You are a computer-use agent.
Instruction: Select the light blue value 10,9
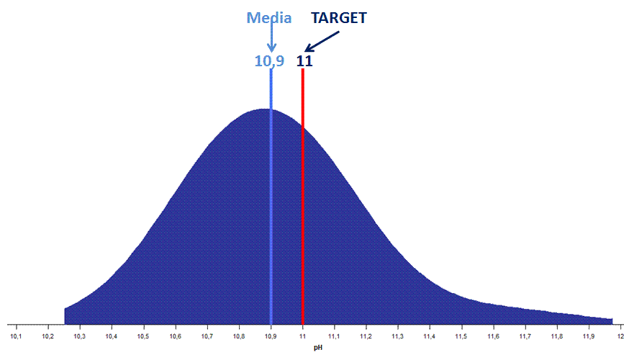(x=269, y=61)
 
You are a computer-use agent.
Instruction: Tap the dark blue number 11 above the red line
(x=304, y=61)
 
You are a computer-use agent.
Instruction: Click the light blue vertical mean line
(x=271, y=216)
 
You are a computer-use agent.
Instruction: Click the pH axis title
(x=317, y=348)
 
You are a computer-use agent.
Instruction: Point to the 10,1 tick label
(x=16, y=336)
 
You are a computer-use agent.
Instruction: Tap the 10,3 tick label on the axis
(x=79, y=336)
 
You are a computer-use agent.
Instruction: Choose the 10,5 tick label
(x=143, y=336)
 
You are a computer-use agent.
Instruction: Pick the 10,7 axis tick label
(x=207, y=336)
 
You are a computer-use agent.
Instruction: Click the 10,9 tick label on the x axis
(x=271, y=336)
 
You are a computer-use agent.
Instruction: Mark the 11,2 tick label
(x=366, y=336)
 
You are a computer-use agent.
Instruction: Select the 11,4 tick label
(x=430, y=336)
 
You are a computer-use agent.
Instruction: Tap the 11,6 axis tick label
(x=493, y=336)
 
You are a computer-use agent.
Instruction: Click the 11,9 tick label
(x=589, y=336)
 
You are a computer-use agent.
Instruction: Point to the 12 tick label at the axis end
(x=620, y=336)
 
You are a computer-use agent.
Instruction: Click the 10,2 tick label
(x=48, y=336)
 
